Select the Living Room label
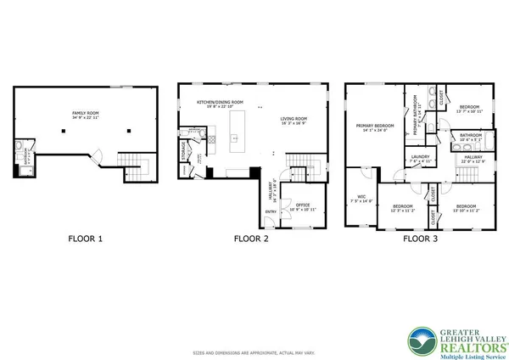(294, 120)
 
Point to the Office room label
(303, 205)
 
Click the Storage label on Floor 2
(185, 150)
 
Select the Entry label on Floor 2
(271, 211)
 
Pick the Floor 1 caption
(85, 239)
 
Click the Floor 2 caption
(251, 239)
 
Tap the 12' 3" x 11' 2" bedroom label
(402, 208)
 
